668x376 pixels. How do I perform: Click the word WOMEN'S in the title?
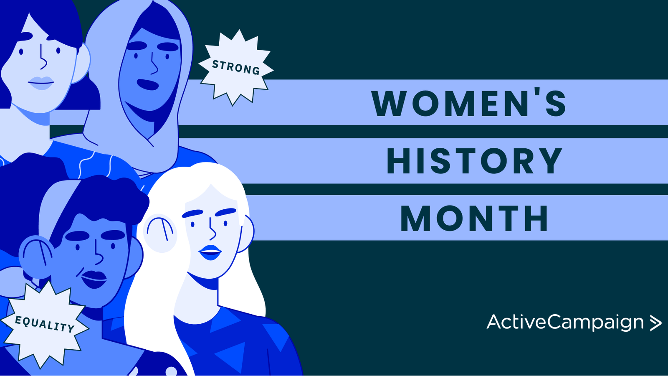tap(469, 103)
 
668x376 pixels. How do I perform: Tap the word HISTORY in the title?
tap(474, 161)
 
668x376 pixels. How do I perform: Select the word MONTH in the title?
tap(474, 218)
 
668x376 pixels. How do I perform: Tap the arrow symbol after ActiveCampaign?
tap(655, 323)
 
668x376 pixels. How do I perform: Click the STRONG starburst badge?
tap(236, 67)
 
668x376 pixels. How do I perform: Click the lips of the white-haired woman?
tap(210, 252)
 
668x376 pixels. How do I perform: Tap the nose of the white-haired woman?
tap(213, 232)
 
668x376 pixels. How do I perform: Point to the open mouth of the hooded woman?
tap(148, 84)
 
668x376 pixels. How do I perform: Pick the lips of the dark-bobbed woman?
tap(40, 82)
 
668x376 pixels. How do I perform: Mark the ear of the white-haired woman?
tap(160, 233)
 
